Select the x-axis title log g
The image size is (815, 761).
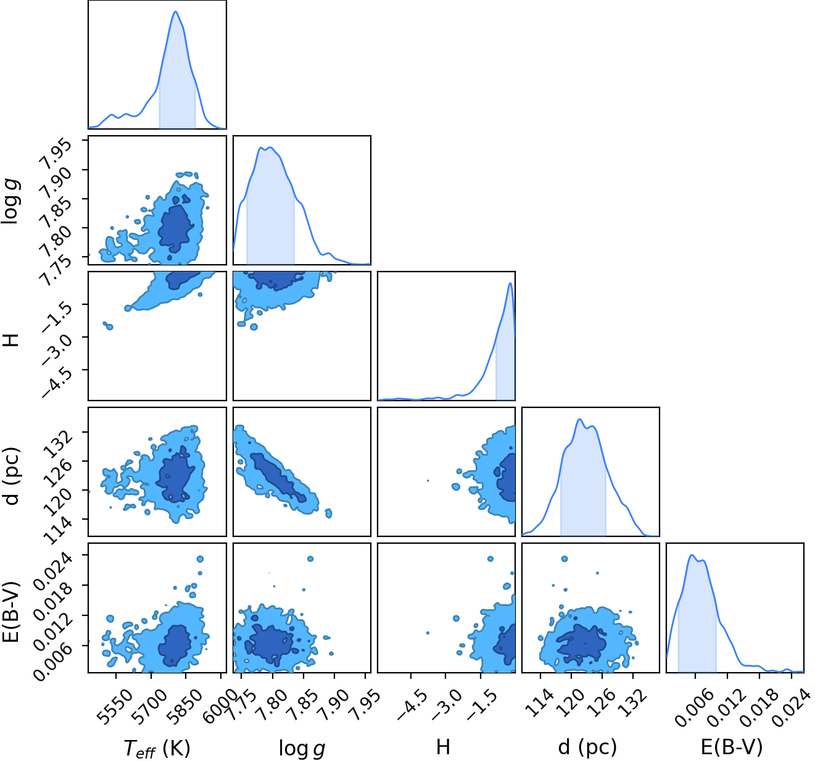pos(302,748)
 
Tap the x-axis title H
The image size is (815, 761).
pos(443,747)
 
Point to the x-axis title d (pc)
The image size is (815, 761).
pos(587,747)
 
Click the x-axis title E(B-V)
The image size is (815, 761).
pos(732,747)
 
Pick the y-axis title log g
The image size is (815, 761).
pos(10,201)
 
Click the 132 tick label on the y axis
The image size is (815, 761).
pos(59,444)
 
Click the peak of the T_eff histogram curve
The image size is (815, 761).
pos(176,11)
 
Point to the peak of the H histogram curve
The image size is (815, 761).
pos(510,283)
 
